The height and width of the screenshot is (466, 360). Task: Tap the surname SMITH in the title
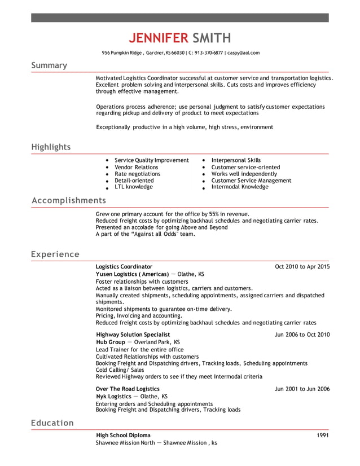212,38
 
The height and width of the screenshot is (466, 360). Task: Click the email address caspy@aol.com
244,52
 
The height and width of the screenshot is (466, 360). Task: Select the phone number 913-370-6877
208,52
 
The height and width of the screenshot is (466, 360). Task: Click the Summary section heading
49,65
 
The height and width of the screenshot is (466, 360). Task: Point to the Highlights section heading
51,147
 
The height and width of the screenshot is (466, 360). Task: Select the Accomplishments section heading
68,200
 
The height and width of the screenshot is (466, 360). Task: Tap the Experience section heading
55,254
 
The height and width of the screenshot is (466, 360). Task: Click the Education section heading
52,423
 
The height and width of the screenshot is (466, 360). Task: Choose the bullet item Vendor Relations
137,167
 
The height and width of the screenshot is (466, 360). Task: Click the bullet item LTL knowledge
134,187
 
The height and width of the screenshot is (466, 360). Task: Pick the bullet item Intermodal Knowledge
239,187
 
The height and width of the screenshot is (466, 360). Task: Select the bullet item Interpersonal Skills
236,160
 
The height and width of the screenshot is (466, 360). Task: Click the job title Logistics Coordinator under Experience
124,266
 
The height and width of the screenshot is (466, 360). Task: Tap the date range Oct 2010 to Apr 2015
302,266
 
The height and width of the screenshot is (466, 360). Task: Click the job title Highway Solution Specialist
133,335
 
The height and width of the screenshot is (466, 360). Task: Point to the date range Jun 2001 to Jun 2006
302,389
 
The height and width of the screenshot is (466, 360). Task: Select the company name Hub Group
111,342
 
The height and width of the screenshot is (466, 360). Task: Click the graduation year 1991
323,436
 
